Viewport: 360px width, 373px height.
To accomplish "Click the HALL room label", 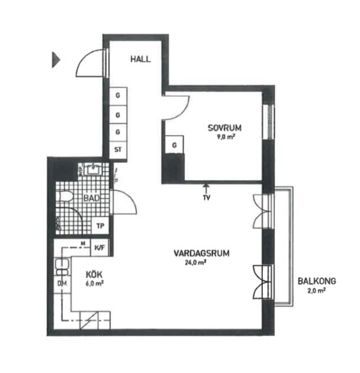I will click(x=140, y=59).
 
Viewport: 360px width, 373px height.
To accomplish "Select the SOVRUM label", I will click(x=224, y=127).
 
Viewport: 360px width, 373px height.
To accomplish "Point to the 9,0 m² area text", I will click(x=224, y=138).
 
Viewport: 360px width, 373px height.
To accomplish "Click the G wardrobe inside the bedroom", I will click(x=175, y=144).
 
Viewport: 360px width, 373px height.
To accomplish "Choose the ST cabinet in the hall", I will click(x=118, y=149).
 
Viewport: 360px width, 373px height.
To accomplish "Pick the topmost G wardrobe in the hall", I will click(x=118, y=95).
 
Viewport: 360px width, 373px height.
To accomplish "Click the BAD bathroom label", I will click(x=91, y=198).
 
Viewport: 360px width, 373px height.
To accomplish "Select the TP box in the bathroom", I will click(x=100, y=226).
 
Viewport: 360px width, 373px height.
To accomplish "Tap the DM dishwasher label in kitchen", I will click(x=62, y=284).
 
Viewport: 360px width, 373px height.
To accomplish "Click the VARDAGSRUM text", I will click(x=201, y=253).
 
